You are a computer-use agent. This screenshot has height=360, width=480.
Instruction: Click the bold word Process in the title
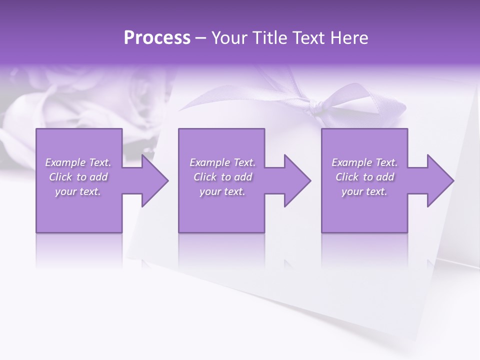click(157, 38)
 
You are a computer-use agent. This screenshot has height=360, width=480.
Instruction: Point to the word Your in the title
click(230, 38)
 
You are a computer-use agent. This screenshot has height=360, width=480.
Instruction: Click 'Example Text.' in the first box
click(78, 162)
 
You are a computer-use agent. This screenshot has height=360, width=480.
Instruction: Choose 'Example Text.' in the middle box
click(222, 162)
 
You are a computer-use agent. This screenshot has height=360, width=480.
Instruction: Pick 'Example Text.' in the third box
click(364, 162)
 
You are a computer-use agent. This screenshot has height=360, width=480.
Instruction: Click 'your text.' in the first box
click(78, 191)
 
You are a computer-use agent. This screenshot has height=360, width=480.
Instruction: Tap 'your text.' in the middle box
click(222, 191)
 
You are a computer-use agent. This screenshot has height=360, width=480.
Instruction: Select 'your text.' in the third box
click(364, 191)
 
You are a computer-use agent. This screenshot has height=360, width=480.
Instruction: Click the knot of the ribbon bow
click(317, 106)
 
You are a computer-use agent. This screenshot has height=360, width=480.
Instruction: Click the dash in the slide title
click(201, 38)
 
